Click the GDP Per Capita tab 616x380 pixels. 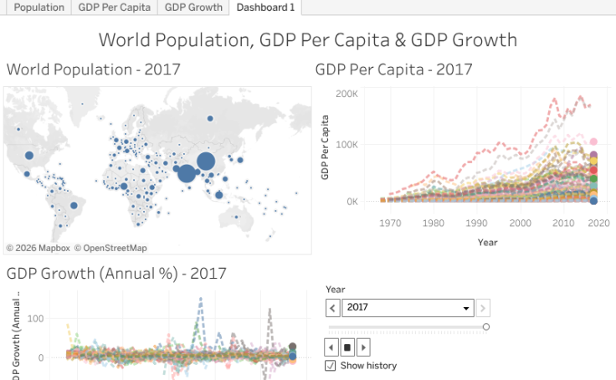click(115, 8)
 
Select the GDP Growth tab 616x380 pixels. click(193, 8)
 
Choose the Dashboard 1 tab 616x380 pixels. click(265, 8)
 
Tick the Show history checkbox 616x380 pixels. click(331, 366)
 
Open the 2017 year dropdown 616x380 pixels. click(408, 307)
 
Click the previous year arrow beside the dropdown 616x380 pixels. click(332, 307)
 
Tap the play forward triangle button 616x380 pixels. click(363, 347)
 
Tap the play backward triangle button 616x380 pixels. click(331, 347)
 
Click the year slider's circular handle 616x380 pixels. click(486, 326)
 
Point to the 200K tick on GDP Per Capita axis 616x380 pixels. click(346, 93)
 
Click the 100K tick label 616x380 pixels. click(346, 145)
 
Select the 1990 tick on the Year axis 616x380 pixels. click(476, 223)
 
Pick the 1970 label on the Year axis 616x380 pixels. click(389, 223)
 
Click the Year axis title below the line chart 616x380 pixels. click(487, 242)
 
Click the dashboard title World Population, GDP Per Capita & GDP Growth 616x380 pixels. click(307, 39)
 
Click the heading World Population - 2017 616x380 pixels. click(93, 69)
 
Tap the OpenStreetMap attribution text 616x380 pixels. click(110, 248)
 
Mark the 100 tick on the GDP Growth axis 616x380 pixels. click(36, 319)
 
